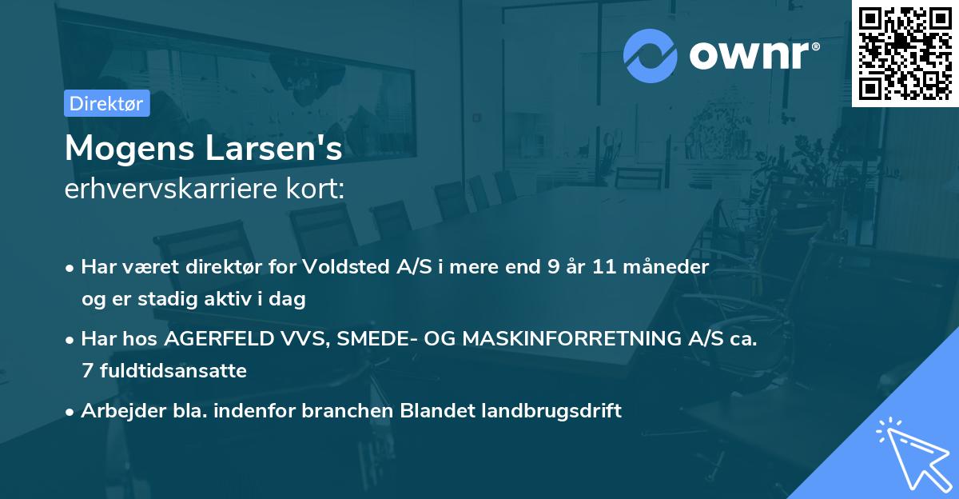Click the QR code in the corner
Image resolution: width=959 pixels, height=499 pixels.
(905, 53)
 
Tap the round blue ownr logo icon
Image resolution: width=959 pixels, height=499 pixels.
(651, 55)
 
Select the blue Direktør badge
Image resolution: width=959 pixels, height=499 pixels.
(106, 104)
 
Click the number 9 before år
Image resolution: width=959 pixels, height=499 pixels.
(553, 267)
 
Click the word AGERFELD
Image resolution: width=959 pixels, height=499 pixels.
(221, 339)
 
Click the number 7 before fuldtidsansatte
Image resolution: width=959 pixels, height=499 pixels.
(86, 371)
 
